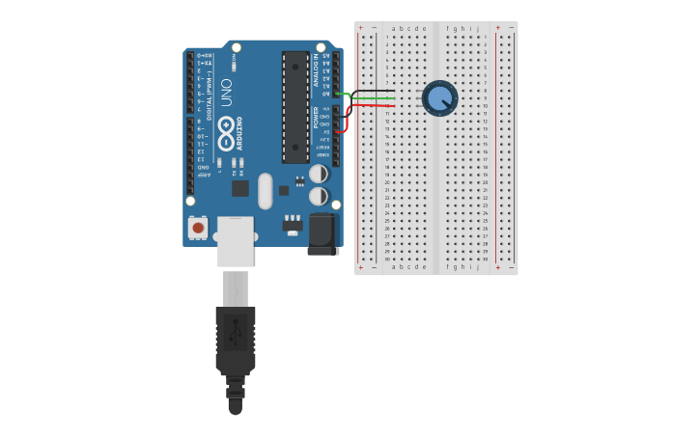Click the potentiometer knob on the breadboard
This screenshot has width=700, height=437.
point(439,98)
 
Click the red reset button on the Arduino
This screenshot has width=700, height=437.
point(198,228)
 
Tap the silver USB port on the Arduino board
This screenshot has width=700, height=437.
point(235,240)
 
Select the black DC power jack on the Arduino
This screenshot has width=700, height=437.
point(322,234)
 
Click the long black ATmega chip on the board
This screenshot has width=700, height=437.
point(295,106)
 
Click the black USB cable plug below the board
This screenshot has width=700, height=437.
point(235,338)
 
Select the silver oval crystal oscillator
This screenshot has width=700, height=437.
point(266,190)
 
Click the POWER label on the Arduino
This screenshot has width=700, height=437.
point(316,118)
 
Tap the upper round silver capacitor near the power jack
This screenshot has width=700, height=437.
point(318,174)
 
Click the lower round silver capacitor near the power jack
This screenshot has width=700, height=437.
point(318,196)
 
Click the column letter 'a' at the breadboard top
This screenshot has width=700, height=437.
point(393,29)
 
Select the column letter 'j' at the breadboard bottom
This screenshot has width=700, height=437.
point(477,266)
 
